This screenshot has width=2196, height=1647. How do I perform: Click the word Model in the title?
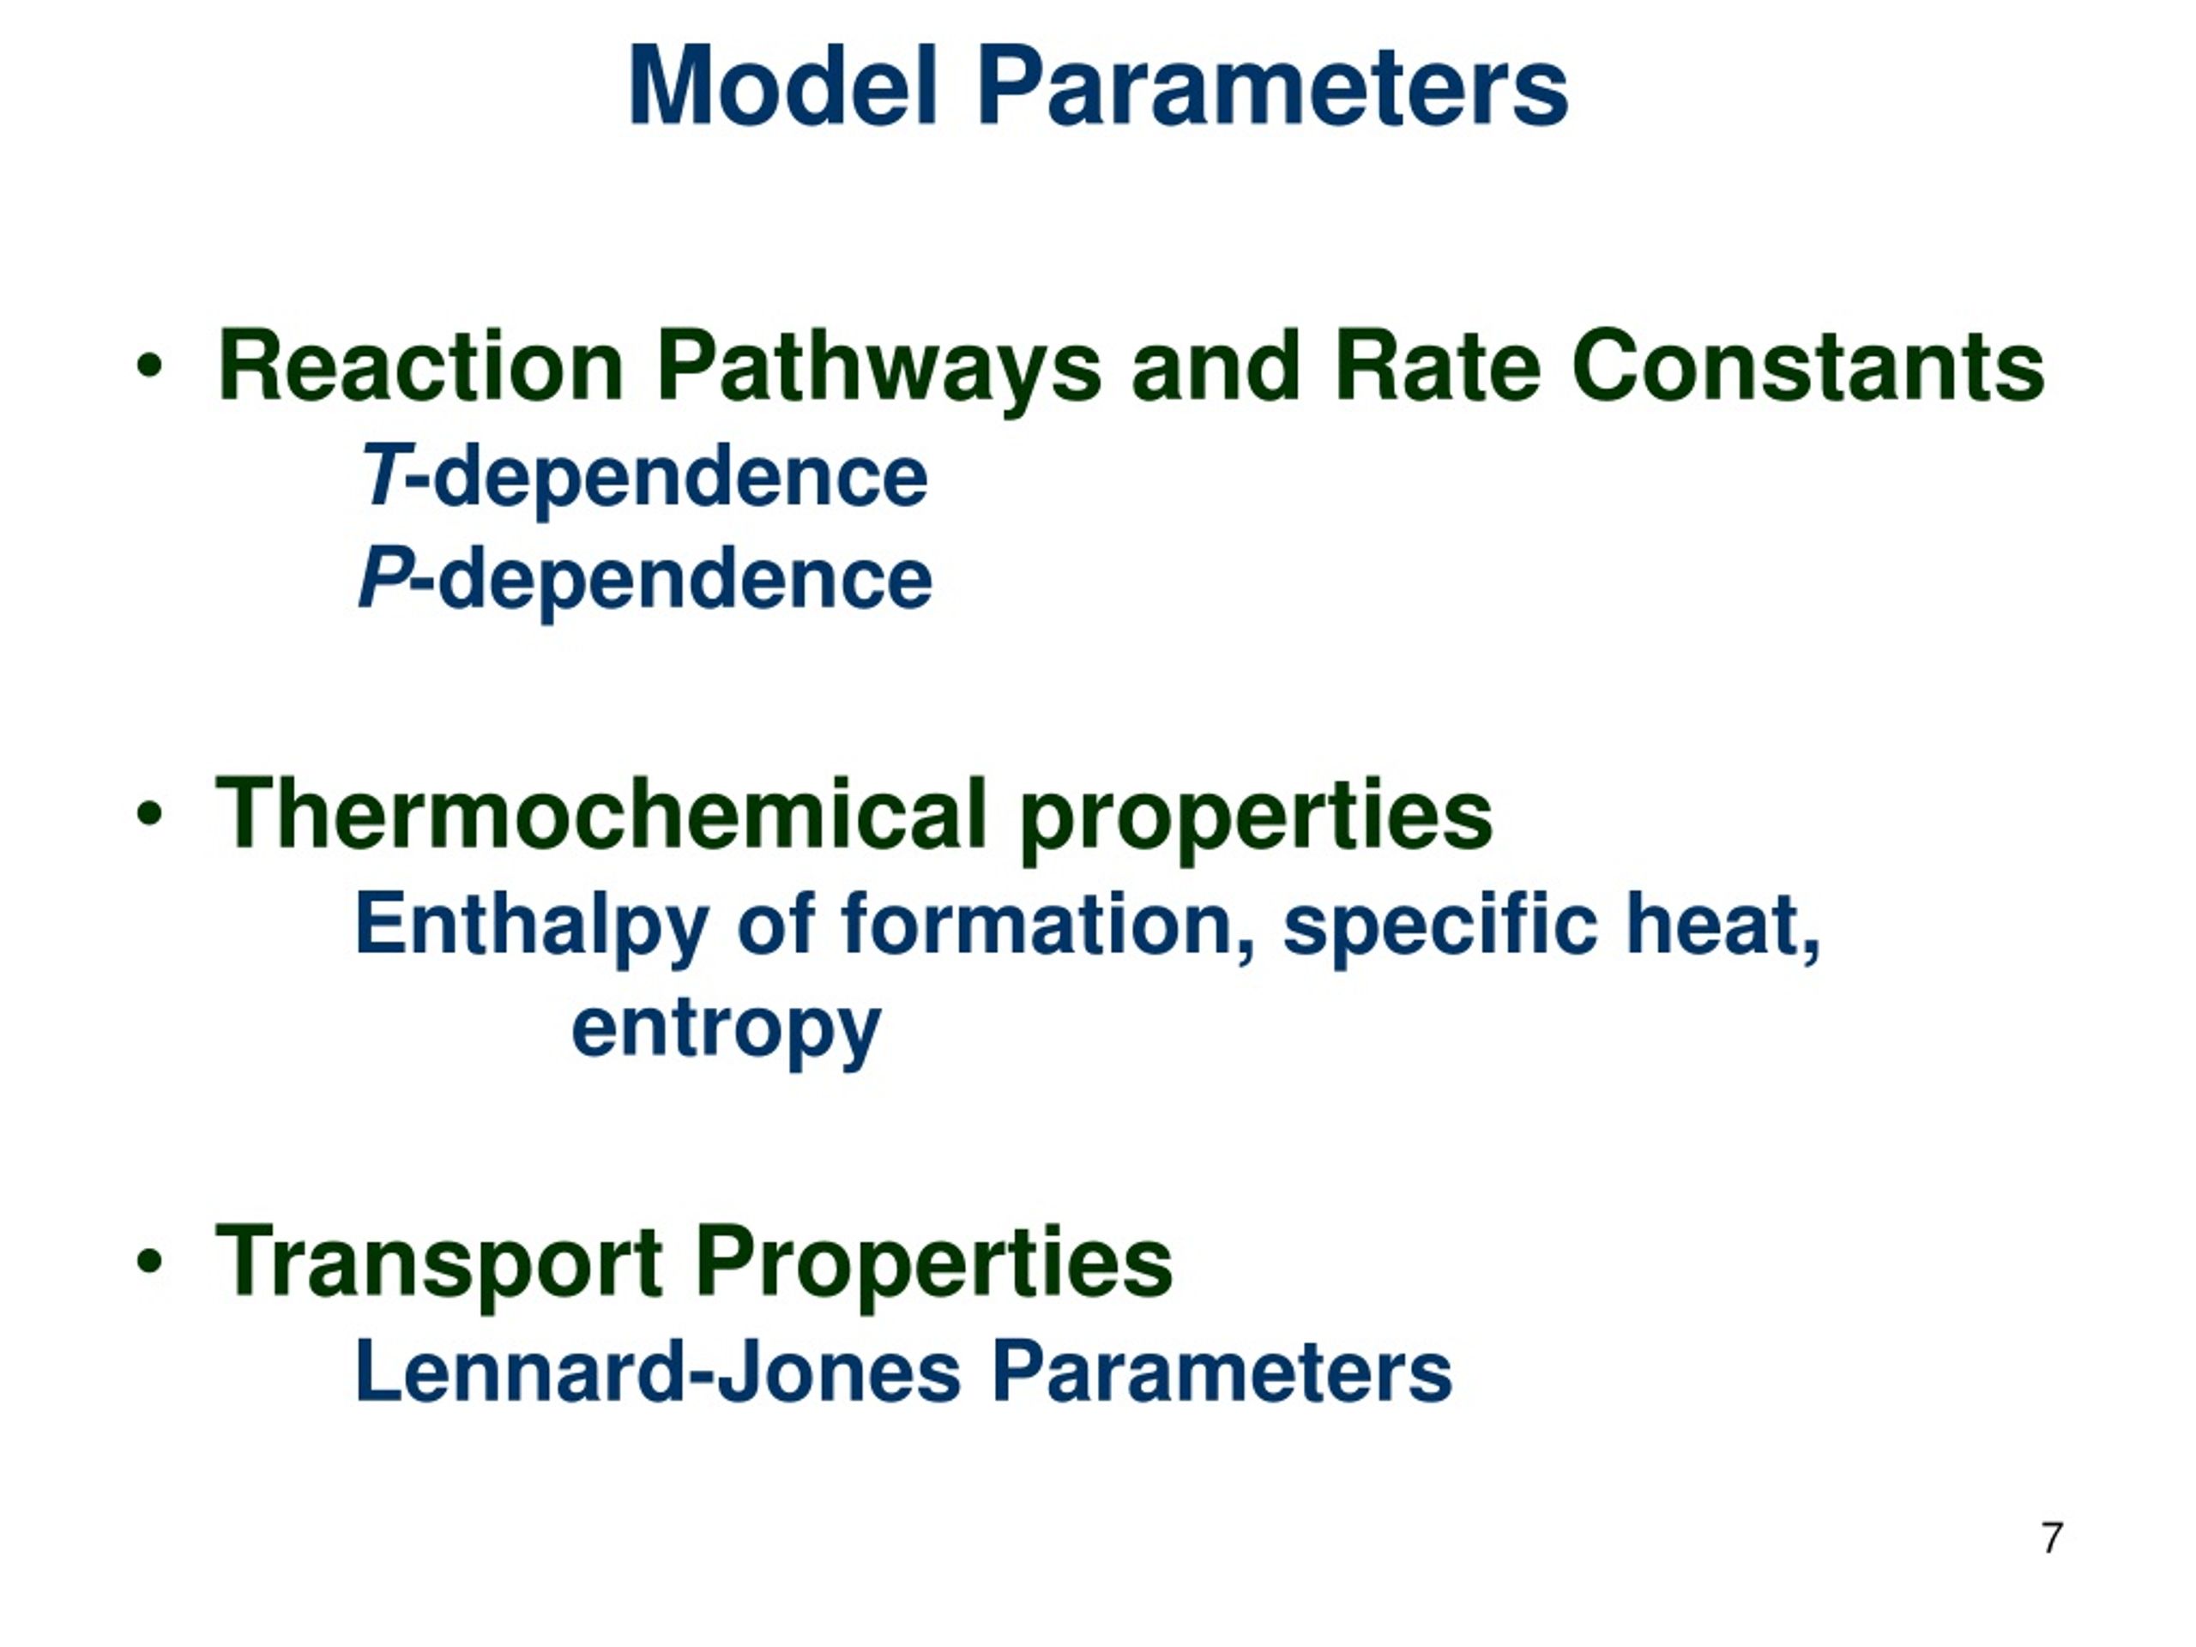tap(783, 87)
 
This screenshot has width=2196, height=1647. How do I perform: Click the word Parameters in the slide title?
tap(1272, 87)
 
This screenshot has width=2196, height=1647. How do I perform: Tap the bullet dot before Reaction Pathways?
tap(149, 366)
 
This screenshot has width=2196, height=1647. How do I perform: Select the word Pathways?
tap(878, 366)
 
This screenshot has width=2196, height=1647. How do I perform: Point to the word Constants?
tap(1807, 366)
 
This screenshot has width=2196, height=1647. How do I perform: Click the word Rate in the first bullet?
tap(1437, 366)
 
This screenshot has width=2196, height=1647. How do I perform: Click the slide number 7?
tap(2052, 1538)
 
